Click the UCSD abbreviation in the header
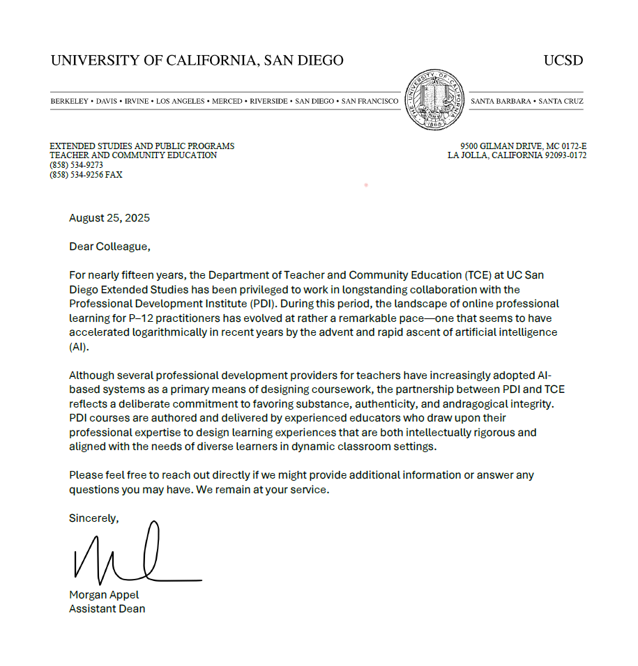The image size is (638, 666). point(563,61)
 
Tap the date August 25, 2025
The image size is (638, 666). point(109,218)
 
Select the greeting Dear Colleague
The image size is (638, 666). point(109,246)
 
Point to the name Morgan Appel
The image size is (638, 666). point(104,595)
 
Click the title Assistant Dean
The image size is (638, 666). point(107,609)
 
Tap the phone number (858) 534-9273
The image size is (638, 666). point(76,165)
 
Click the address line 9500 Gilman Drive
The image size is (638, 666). point(523,146)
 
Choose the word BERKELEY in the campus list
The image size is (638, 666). point(70,102)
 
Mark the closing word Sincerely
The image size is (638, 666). point(93,518)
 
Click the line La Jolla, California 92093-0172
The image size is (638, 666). point(517,155)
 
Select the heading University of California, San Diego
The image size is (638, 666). point(197,61)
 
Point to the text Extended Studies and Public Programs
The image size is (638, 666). point(142,146)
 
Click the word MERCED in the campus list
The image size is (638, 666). point(227,102)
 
